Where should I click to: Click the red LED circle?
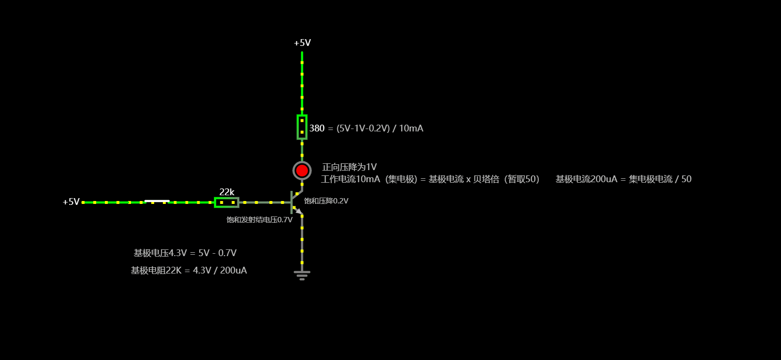pos(302,171)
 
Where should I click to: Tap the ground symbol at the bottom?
pos(302,274)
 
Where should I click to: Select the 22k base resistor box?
pos(227,202)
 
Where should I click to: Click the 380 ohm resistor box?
pos(302,127)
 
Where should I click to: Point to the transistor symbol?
pos(294,202)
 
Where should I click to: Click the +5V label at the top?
pos(303,43)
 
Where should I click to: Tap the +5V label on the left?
pos(71,202)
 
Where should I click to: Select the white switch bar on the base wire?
pos(157,201)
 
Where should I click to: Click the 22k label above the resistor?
pos(227,192)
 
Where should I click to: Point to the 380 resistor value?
pos(317,128)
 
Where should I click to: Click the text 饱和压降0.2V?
pos(326,201)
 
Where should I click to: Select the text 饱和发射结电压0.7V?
pos(260,220)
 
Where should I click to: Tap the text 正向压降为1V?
pos(349,167)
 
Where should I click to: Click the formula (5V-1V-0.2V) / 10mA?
pos(380,128)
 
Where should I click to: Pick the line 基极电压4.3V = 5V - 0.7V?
pos(185,253)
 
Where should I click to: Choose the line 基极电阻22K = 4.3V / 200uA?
pos(189,271)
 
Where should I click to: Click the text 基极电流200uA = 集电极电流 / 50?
pos(623,179)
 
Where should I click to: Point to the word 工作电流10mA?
pos(351,179)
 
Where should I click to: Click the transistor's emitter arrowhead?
pos(299,212)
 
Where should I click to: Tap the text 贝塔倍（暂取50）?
pos(506,179)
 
